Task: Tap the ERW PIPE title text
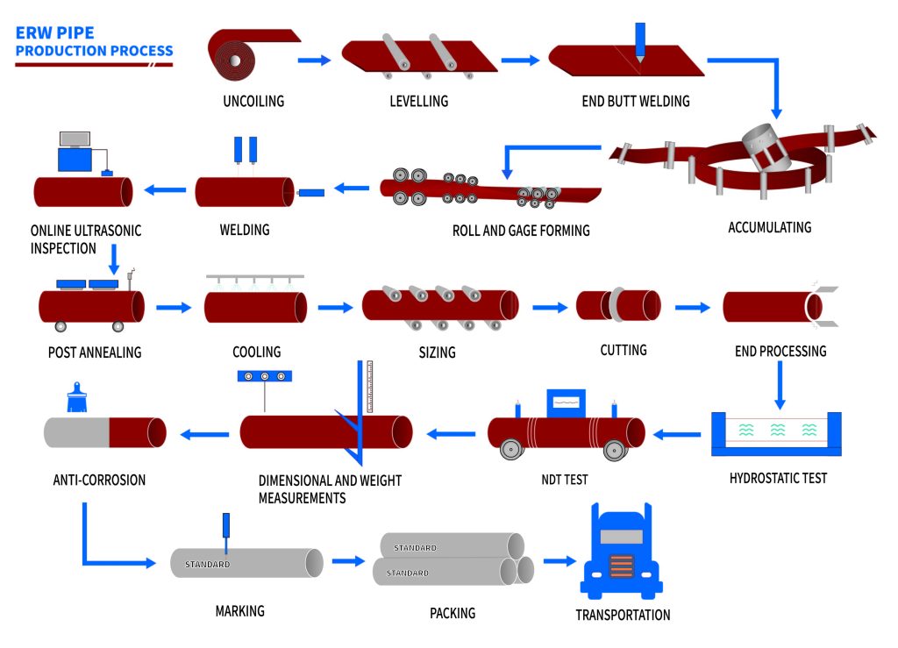coord(54,33)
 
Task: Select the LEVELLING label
coord(418,101)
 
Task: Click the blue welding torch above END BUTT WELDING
coord(640,40)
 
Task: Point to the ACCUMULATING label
coord(769,227)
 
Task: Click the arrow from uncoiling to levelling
coord(314,60)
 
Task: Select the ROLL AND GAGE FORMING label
coord(521,231)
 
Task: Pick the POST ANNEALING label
coord(95,352)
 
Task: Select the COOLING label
coord(257,352)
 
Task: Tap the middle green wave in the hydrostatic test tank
coord(776,431)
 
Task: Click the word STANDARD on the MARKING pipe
coord(208,564)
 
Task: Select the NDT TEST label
coord(565,480)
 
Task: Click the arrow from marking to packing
coord(348,561)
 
